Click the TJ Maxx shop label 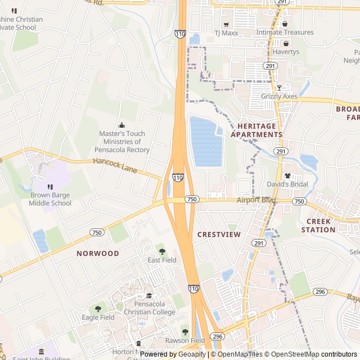click(226, 33)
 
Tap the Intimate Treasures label click(285, 32)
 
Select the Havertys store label click(286, 52)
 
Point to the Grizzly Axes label click(279, 96)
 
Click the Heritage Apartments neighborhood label click(260, 130)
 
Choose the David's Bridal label click(287, 184)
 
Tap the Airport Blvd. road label click(257, 200)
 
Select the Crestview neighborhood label click(219, 234)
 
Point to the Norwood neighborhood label click(98, 253)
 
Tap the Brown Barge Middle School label click(51, 199)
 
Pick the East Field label click(162, 260)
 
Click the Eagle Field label click(98, 317)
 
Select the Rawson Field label click(185, 340)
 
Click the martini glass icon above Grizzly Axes click(279, 88)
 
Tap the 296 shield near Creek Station click(320, 291)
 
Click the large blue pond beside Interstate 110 click(206, 142)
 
